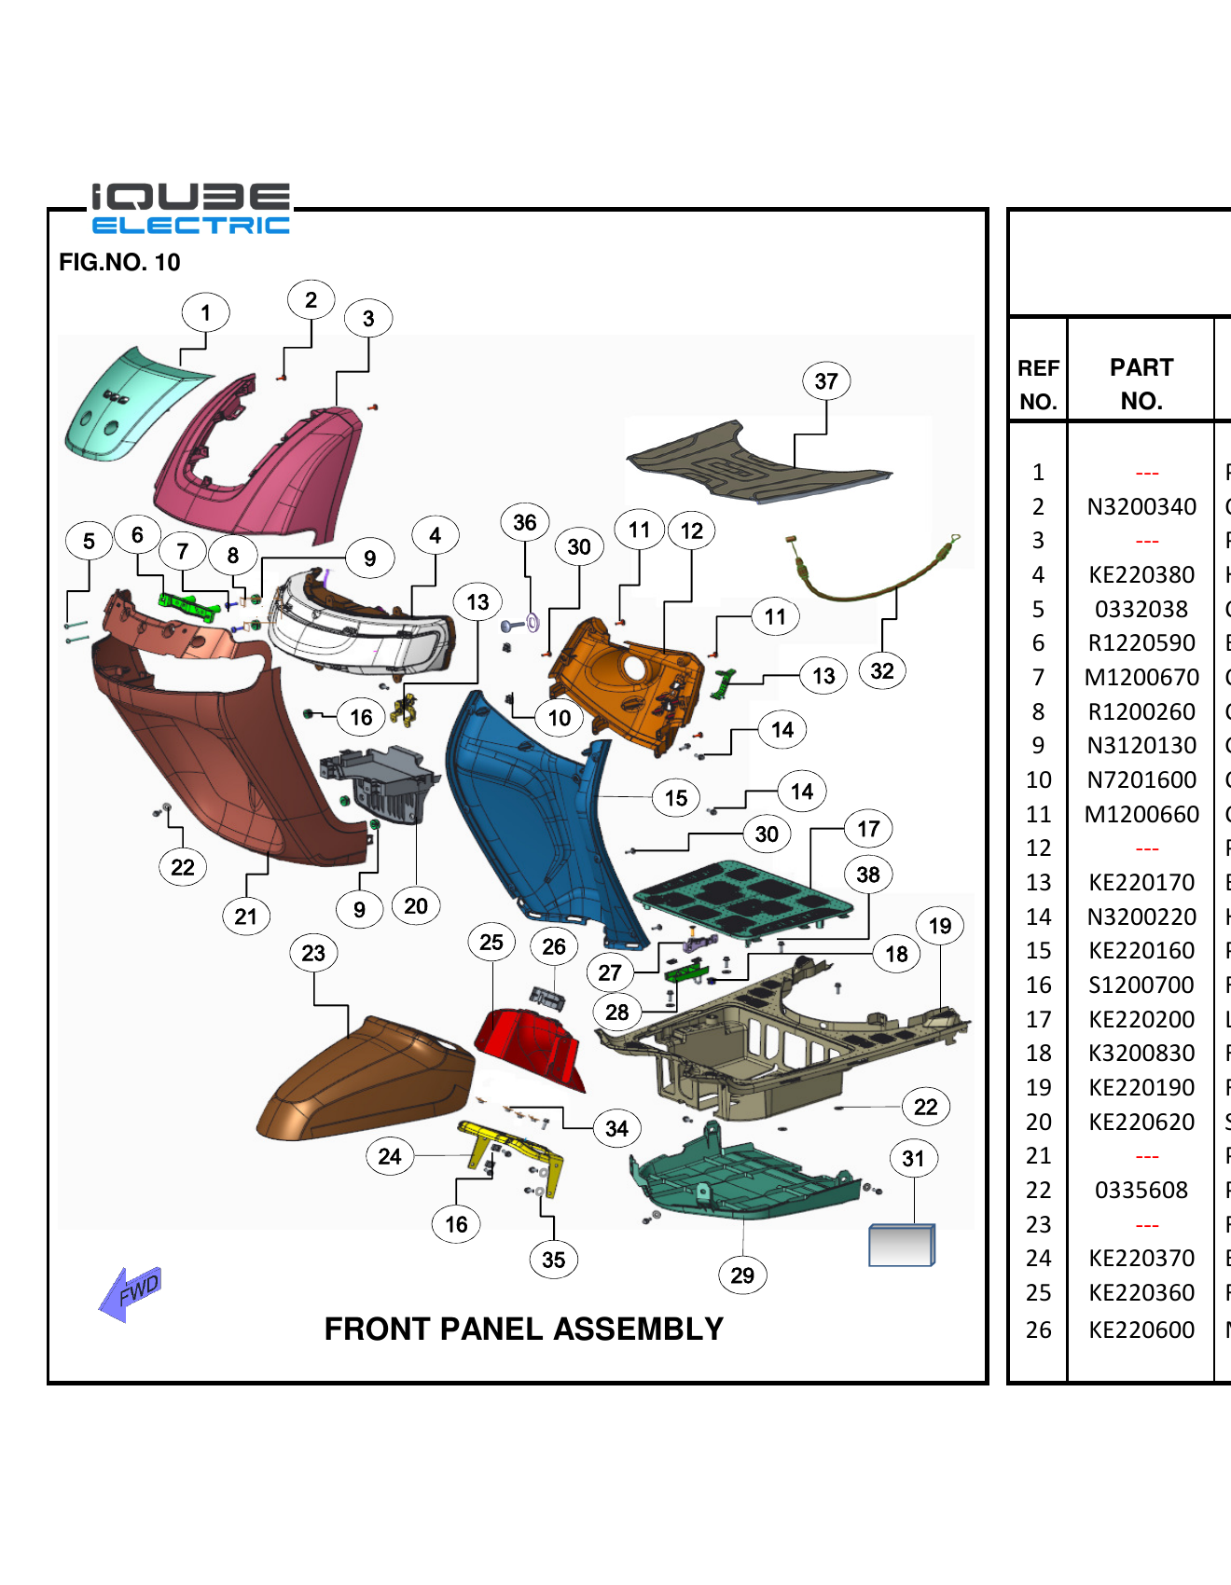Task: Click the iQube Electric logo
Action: pyautogui.click(x=190, y=209)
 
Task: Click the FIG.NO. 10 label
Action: pyautogui.click(x=119, y=262)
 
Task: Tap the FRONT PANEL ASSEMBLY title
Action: pyautogui.click(x=523, y=1329)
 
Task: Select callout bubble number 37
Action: pyautogui.click(x=825, y=381)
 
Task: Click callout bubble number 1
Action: pyautogui.click(x=205, y=313)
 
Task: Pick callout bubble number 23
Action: pyautogui.click(x=313, y=953)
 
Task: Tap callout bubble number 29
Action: pyautogui.click(x=742, y=1275)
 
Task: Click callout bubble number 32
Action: pyautogui.click(x=881, y=671)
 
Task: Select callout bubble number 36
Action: pyautogui.click(x=524, y=523)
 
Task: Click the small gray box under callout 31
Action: pyautogui.click(x=900, y=1246)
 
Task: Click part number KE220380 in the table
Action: pyautogui.click(x=1141, y=575)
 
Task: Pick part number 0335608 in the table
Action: pyautogui.click(x=1141, y=1191)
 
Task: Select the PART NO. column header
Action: pyautogui.click(x=1141, y=383)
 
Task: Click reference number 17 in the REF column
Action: pyautogui.click(x=1038, y=1020)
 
